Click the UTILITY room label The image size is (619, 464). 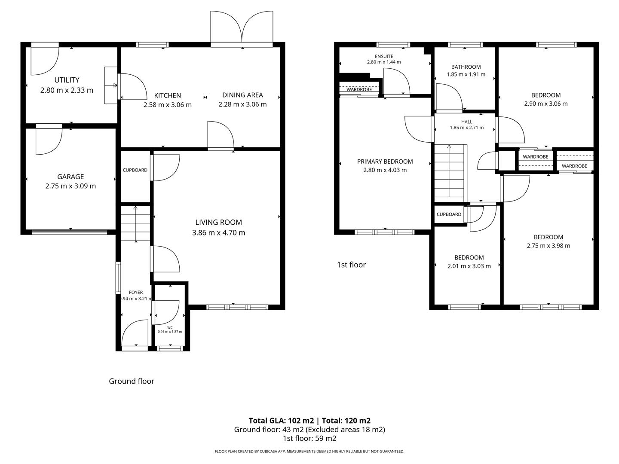coord(67,80)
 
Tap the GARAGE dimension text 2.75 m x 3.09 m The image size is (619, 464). coord(70,186)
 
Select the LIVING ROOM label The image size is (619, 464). coord(218,222)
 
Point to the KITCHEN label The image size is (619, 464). coord(168,95)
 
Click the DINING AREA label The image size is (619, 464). coord(242,95)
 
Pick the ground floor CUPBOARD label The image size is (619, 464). coord(135,170)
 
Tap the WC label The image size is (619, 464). coord(170,327)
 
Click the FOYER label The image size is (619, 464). coord(136,292)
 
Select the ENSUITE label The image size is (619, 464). coord(384,56)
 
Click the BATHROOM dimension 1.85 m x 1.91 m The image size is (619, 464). coord(466,74)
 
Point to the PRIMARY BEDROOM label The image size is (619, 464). coord(385,162)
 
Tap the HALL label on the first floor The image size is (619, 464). coord(467,122)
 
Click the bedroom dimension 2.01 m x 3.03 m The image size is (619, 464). coord(469,266)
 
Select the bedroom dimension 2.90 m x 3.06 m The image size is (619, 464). coord(546,104)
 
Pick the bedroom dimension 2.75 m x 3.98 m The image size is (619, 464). coord(549,246)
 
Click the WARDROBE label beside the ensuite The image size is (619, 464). coord(359,89)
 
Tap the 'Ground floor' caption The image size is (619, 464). coord(131,381)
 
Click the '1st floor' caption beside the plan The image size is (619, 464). coord(351,265)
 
